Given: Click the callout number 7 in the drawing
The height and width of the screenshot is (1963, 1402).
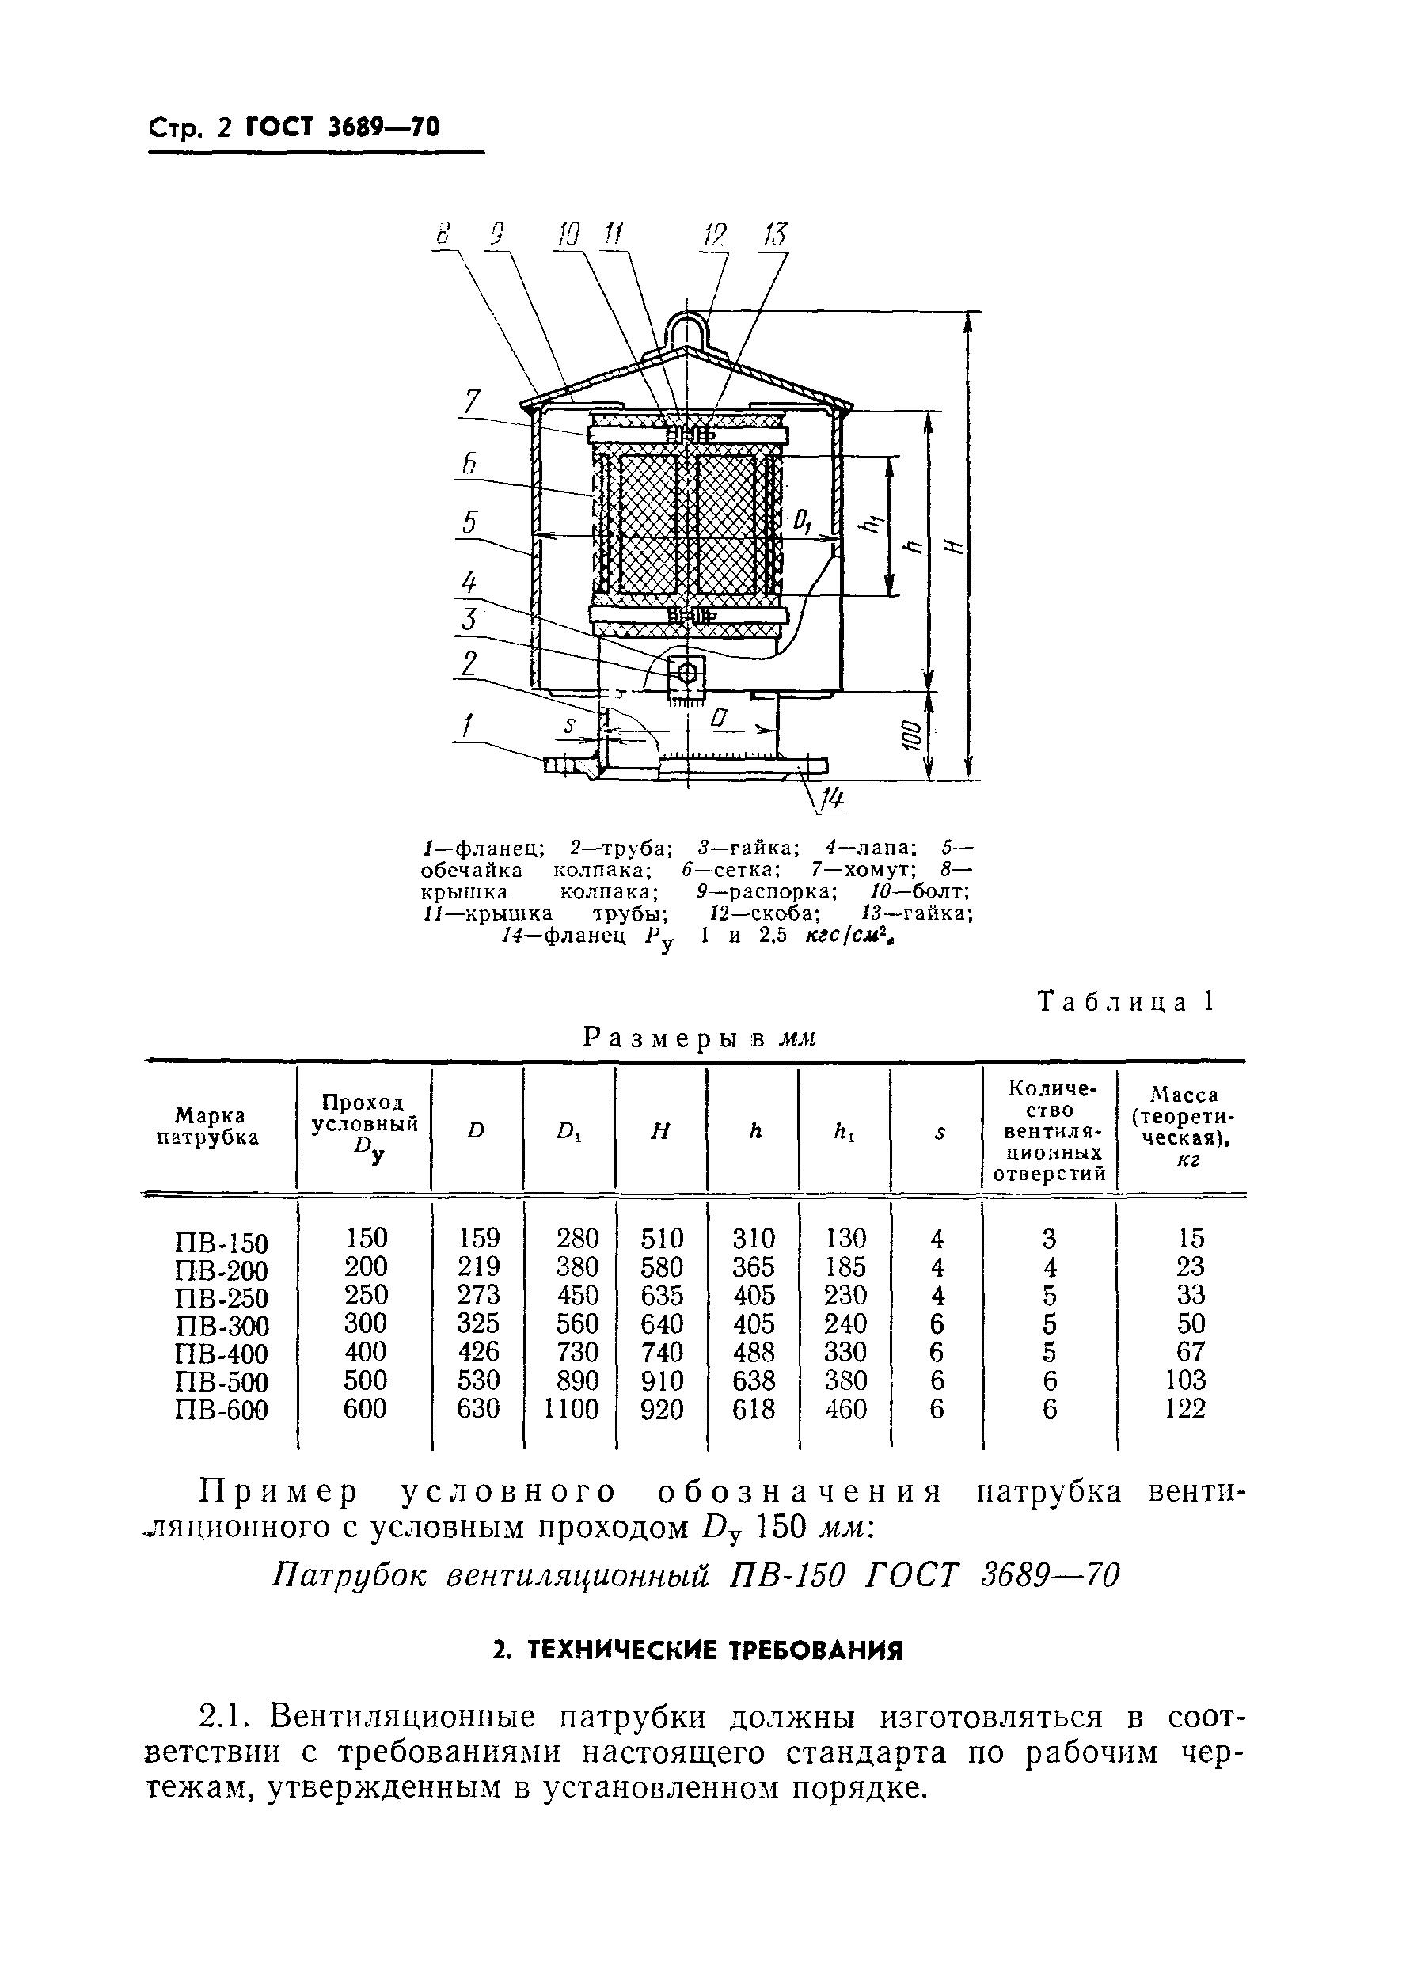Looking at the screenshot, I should coord(471,402).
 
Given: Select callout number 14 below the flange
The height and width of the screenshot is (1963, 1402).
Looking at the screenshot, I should coord(830,802).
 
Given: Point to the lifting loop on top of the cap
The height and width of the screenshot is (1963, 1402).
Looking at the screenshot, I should coord(687,330).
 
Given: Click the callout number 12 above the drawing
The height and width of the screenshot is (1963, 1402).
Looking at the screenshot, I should coord(715,235).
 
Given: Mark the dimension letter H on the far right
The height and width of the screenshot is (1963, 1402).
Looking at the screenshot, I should coord(952,545).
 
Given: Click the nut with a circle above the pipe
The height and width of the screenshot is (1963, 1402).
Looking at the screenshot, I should coord(687,673).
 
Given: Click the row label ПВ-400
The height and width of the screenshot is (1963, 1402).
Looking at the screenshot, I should coord(221,1353).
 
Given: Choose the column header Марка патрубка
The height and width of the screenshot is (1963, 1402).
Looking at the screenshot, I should coord(208,1126).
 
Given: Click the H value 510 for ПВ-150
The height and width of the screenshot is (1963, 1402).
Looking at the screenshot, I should coord(661,1239).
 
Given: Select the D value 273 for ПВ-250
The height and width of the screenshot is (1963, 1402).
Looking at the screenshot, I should coord(479,1295).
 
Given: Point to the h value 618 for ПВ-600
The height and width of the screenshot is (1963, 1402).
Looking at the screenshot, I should coord(754,1409).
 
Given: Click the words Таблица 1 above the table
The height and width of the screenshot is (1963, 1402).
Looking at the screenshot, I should coord(1125,1001).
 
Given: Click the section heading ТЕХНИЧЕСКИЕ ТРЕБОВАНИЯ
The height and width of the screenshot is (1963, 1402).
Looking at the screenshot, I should coord(697,1650).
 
